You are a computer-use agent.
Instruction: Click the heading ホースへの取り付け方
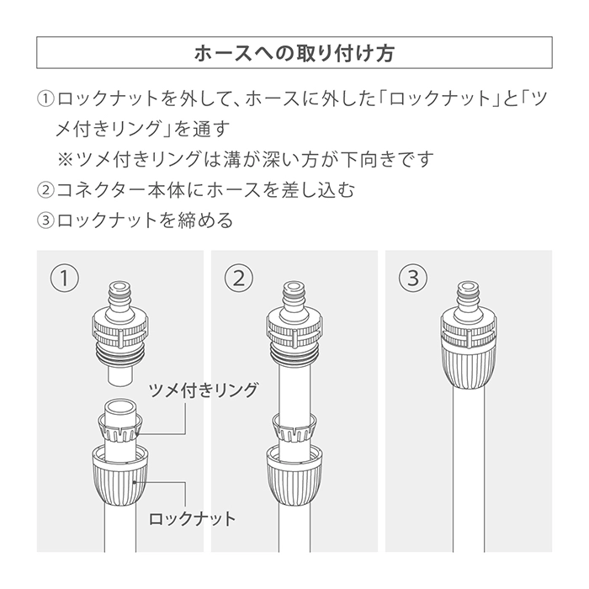click(294, 53)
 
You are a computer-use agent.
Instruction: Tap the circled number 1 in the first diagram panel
click(65, 279)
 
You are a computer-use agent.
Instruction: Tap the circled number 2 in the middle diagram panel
click(239, 279)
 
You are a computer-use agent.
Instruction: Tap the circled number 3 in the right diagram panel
click(413, 279)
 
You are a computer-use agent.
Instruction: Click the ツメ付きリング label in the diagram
click(204, 390)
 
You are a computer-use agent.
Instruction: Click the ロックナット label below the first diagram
click(193, 519)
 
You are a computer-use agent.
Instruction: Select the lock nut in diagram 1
click(119, 475)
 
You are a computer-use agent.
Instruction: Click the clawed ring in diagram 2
click(294, 428)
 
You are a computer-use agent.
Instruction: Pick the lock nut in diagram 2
click(294, 475)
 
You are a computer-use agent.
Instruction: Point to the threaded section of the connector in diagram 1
click(120, 354)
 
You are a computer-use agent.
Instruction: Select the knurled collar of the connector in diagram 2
click(294, 330)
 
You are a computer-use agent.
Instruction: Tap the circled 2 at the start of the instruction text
click(45, 189)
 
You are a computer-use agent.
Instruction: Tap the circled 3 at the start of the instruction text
click(45, 220)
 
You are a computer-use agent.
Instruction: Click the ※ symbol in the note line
click(65, 159)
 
